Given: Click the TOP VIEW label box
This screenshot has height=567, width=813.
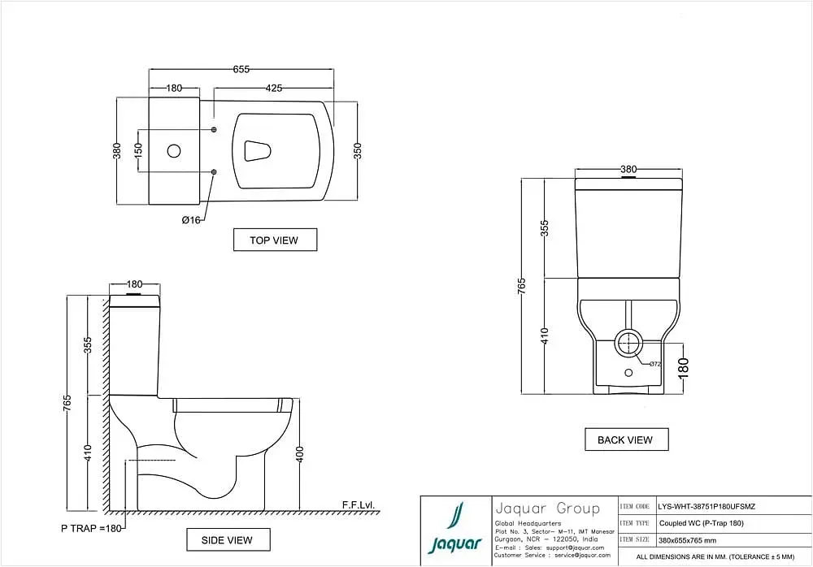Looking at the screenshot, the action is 275,240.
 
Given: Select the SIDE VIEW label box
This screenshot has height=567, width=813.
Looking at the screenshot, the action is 228,540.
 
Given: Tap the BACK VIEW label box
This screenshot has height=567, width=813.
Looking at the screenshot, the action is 626,440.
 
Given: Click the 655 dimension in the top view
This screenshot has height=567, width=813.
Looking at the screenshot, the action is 241,69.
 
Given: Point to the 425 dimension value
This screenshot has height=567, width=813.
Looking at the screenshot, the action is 274,88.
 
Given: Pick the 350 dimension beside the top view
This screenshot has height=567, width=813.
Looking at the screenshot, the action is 357,151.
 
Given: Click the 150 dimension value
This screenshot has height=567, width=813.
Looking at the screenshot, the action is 138,151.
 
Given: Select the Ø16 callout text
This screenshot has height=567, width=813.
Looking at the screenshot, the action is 191,220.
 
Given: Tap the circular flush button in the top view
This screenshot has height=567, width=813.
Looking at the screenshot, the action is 174,151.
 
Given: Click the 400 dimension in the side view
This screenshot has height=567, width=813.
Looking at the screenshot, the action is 300,455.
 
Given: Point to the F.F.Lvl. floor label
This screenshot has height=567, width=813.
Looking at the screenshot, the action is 358,504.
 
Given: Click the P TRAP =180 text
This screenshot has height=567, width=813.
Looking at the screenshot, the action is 91,529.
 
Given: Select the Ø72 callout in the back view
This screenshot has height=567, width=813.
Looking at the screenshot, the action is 654,364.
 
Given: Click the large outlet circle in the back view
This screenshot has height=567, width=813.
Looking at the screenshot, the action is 629,343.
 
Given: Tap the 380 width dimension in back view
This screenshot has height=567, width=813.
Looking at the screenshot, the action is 628,169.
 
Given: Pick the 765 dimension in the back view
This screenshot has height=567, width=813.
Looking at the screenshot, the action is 522,286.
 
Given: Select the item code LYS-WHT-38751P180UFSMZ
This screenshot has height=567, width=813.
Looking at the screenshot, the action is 706,507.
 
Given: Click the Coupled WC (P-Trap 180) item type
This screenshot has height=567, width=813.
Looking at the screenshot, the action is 702,523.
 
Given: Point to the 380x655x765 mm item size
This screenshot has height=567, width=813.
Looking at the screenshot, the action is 688,540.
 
